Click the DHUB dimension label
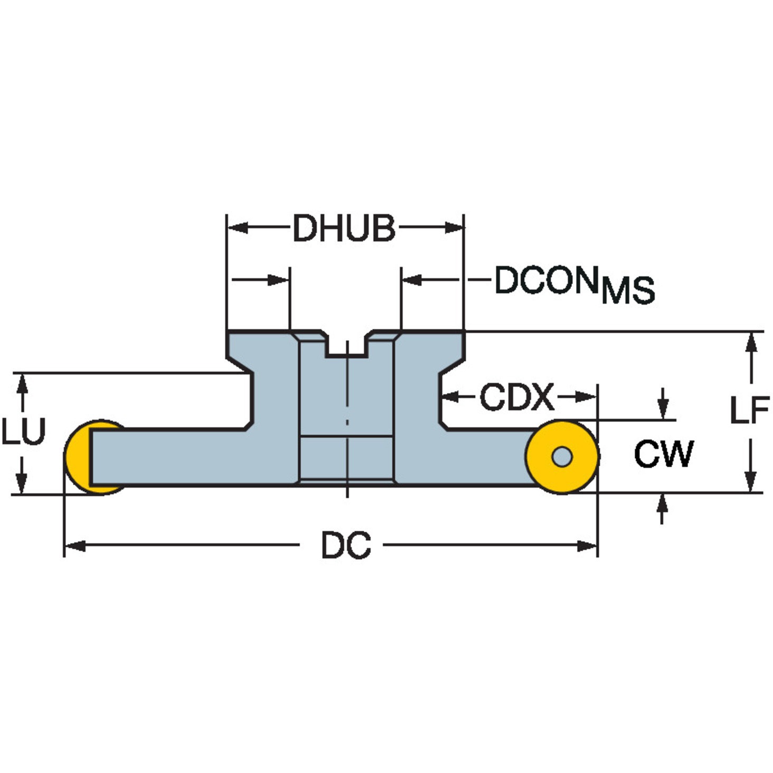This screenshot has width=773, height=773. (345, 228)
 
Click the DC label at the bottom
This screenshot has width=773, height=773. (346, 545)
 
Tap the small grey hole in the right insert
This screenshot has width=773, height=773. (562, 457)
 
